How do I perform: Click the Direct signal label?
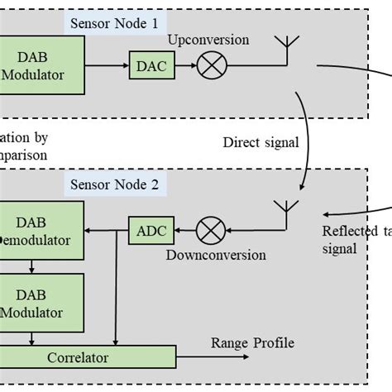coord(261,141)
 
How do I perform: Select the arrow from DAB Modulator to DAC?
coord(106,64)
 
